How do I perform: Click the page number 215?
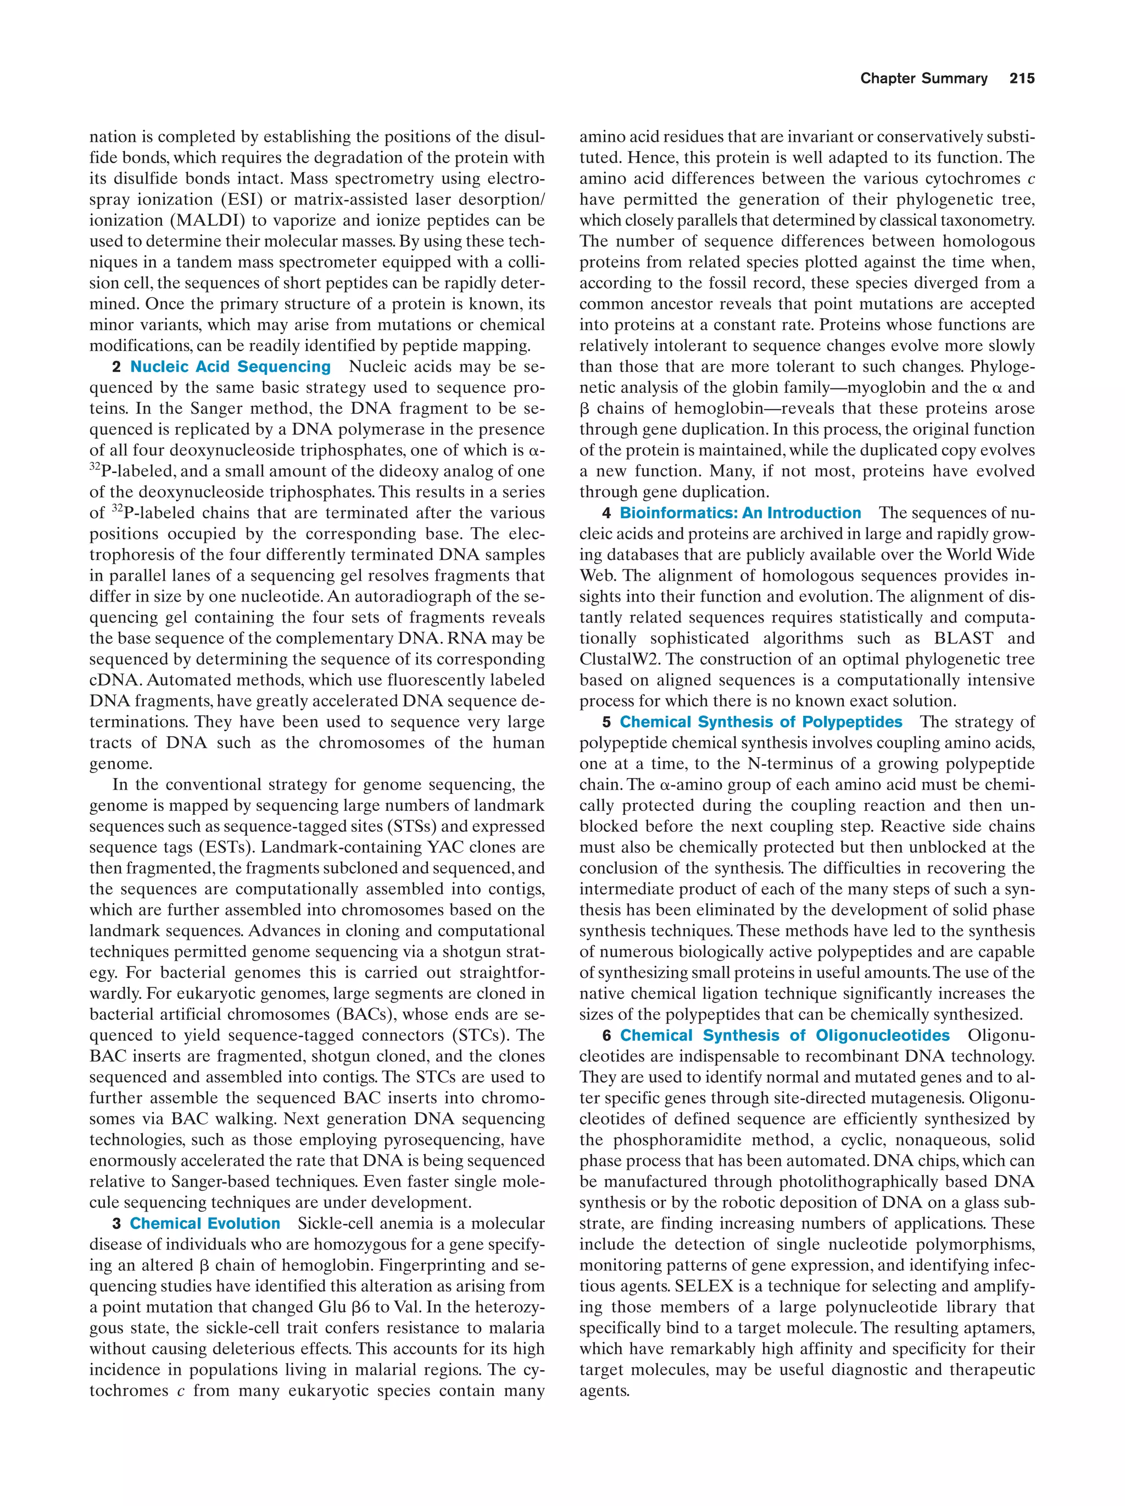[x=1022, y=79]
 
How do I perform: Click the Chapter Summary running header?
[x=923, y=79]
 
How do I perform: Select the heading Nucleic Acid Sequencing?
[x=230, y=366]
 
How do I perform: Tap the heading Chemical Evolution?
[x=205, y=1224]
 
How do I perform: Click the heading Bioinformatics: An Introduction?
[x=740, y=513]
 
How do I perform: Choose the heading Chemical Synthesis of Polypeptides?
[x=760, y=721]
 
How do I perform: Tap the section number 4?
[x=606, y=513]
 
